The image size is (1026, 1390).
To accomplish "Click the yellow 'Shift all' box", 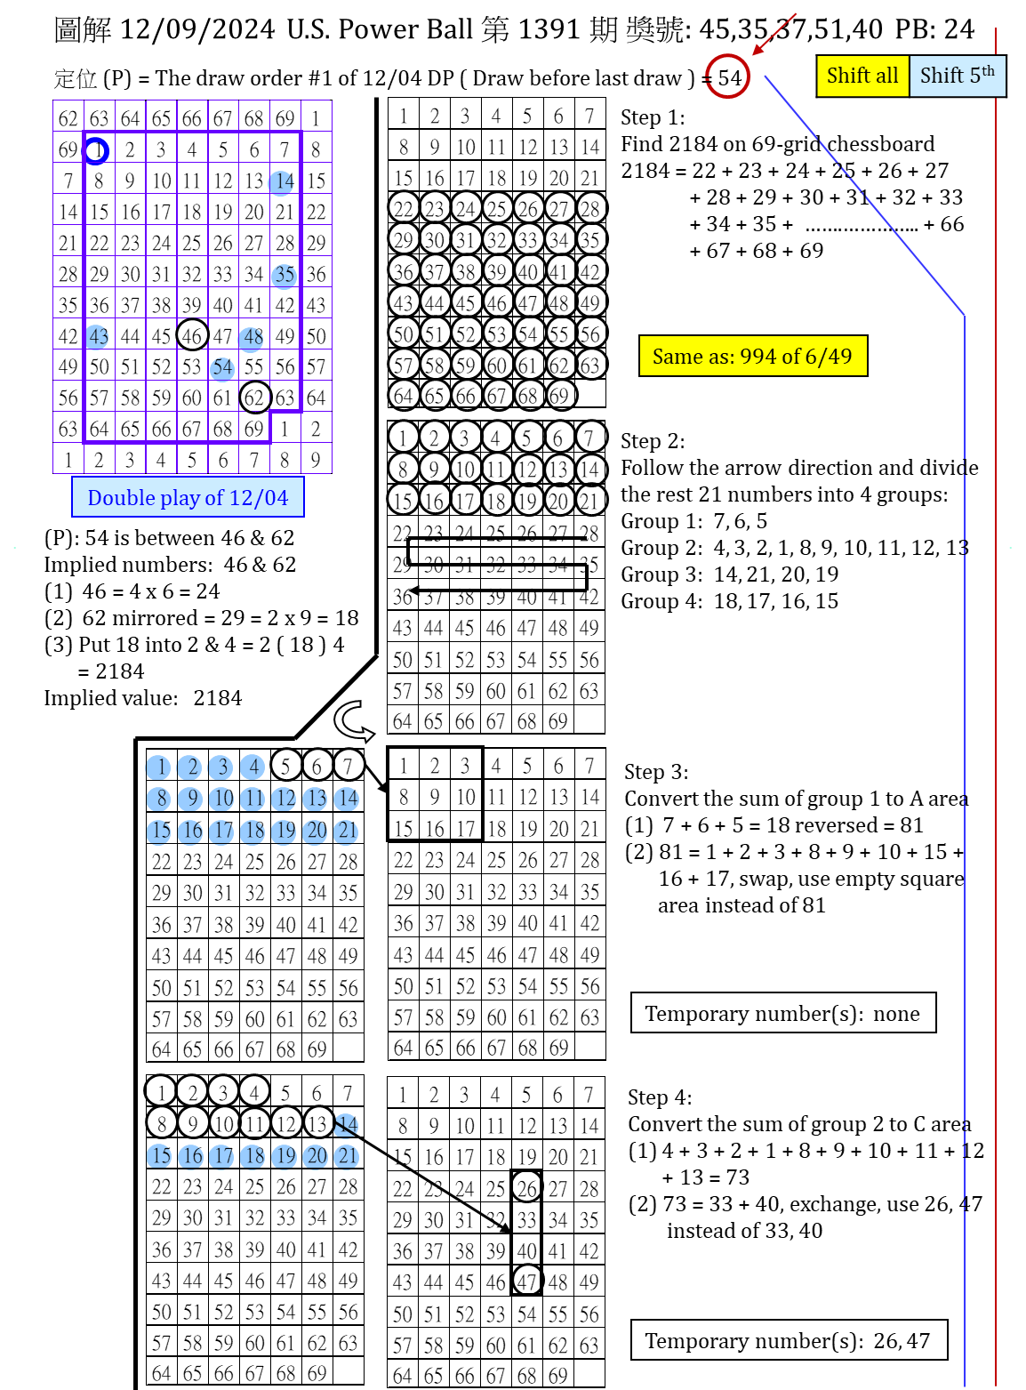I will (x=862, y=76).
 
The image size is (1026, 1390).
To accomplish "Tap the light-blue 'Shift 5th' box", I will (x=958, y=76).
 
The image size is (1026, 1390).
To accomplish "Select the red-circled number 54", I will (x=729, y=77).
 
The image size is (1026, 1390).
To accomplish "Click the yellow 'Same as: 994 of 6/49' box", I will (x=752, y=357).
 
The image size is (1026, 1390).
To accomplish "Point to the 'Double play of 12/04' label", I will (x=188, y=498).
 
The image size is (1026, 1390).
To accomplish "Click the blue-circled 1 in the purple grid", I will (x=97, y=150).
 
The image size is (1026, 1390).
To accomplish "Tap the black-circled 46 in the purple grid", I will (x=192, y=336).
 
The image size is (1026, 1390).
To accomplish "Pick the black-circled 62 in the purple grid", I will (x=254, y=398).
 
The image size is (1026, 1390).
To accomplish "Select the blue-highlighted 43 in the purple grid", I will (x=98, y=336).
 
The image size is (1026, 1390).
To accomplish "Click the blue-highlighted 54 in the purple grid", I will (x=222, y=367).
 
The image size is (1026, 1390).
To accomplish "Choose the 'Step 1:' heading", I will (x=653, y=117).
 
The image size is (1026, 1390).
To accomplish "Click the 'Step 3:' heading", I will (x=656, y=772).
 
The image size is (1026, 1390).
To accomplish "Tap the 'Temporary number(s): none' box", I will (x=782, y=1014).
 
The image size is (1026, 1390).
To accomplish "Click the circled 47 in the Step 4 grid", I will (x=527, y=1282).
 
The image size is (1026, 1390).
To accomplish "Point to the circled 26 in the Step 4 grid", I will (x=527, y=1188).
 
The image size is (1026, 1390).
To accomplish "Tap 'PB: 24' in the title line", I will (x=934, y=29).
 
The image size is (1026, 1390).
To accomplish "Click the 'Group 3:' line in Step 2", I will (x=729, y=574).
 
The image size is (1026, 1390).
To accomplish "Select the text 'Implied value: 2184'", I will (x=143, y=698).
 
